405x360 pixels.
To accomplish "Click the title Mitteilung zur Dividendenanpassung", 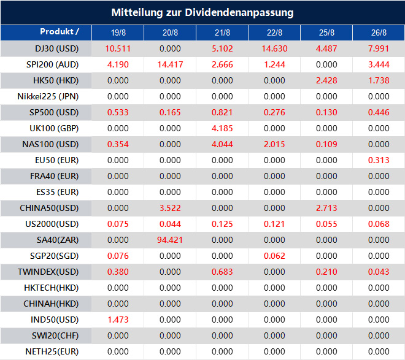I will pos(202,12).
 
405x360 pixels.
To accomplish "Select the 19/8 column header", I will pos(118,33).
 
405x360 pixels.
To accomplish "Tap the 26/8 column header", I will pos(379,33).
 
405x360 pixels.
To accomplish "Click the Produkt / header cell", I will pos(60,32).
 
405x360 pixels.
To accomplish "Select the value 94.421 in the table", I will pos(170,240).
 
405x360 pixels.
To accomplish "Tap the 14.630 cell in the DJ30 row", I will pos(274,48).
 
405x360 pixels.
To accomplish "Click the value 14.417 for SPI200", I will pos(170,64).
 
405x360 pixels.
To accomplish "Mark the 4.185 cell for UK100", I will pos(222,128).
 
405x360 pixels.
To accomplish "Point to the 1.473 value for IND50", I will pos(118,320).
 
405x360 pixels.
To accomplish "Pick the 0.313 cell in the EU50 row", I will pos(379,160).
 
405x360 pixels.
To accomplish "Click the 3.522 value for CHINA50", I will pos(170,208).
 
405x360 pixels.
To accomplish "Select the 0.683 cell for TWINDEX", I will pos(222,272).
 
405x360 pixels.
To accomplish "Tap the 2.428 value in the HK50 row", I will pos(326,80).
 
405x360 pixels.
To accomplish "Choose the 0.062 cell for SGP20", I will pos(274,256).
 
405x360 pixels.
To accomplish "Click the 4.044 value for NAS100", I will pos(222,144).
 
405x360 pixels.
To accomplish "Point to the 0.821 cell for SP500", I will pos(222,112).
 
